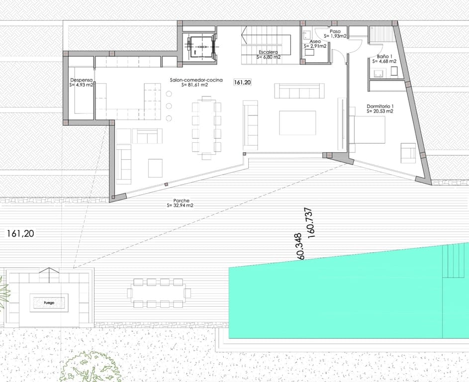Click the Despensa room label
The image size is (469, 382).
(81, 80)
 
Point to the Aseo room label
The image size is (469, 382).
(315, 41)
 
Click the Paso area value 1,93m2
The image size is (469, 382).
(338, 36)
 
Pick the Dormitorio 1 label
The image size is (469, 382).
(380, 106)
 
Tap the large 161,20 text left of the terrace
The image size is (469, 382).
(20, 233)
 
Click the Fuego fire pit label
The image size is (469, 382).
(48, 301)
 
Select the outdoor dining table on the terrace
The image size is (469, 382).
(159, 293)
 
